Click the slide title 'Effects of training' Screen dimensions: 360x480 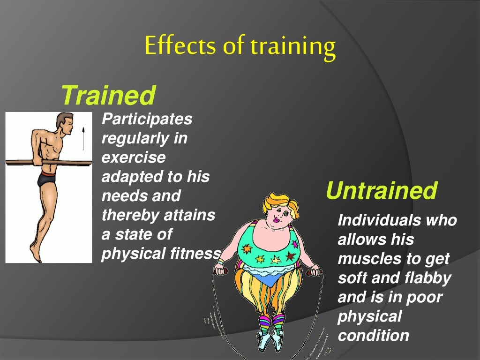point(240,46)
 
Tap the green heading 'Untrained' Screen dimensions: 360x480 point(381,191)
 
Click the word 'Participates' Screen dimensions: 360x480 point(147,120)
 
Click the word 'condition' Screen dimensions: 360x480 point(374,336)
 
